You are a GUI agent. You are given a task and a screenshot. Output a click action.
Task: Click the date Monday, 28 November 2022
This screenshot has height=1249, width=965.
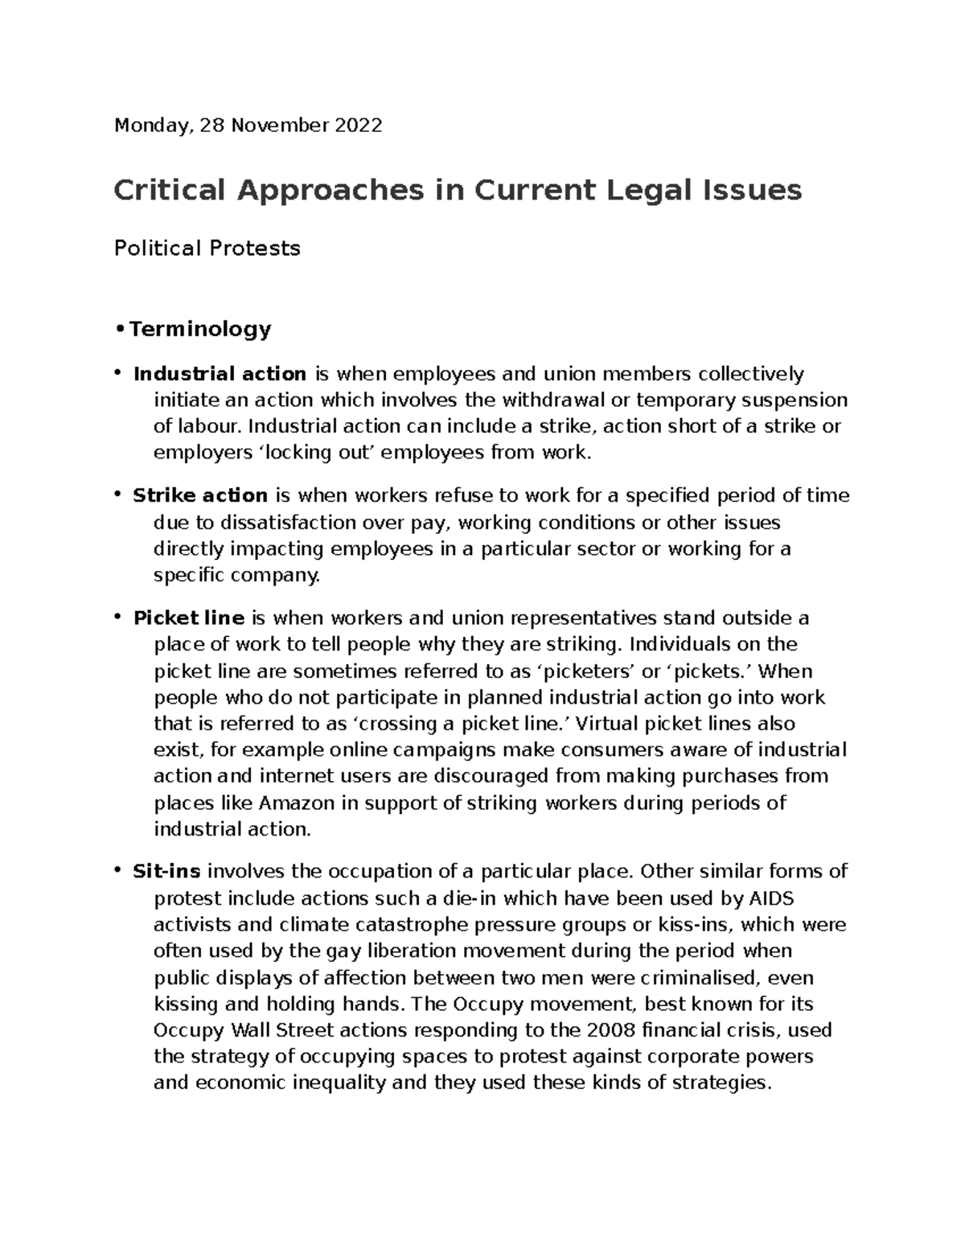pos(248,125)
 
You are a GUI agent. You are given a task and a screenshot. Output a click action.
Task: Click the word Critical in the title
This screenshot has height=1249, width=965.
pos(169,191)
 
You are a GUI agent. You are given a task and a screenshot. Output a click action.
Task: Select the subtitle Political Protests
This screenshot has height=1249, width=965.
pos(207,249)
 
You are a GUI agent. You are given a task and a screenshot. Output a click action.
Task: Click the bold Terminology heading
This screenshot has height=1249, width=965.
pos(199,329)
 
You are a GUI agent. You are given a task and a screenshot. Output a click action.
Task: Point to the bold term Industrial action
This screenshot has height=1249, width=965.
pos(220,374)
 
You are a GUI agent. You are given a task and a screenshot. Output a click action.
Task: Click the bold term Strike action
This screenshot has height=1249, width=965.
pos(200,495)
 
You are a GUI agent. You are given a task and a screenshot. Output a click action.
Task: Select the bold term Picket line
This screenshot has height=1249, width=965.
pos(188,618)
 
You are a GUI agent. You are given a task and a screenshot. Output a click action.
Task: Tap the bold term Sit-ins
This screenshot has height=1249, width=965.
pos(166,872)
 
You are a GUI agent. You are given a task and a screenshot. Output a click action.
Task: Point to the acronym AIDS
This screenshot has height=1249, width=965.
pos(770,898)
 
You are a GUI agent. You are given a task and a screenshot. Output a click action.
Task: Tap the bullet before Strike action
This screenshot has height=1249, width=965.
pos(117,494)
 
